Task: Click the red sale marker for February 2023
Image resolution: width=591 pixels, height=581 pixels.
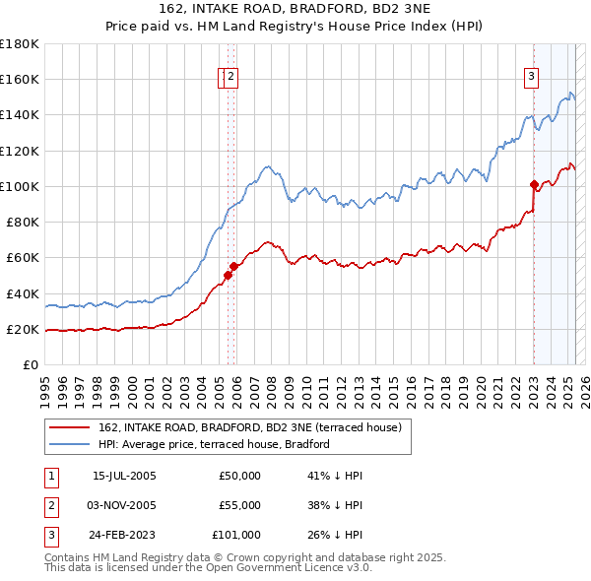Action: click(534, 184)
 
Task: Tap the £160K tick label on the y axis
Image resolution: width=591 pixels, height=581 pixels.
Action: click(20, 79)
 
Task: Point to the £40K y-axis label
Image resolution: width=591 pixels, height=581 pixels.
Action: click(23, 293)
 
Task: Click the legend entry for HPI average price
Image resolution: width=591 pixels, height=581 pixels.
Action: click(213, 444)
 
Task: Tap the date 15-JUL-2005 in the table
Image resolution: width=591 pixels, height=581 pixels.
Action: click(124, 476)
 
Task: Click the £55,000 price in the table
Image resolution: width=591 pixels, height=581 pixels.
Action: click(239, 505)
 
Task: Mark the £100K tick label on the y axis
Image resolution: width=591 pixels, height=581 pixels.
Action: click(20, 186)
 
